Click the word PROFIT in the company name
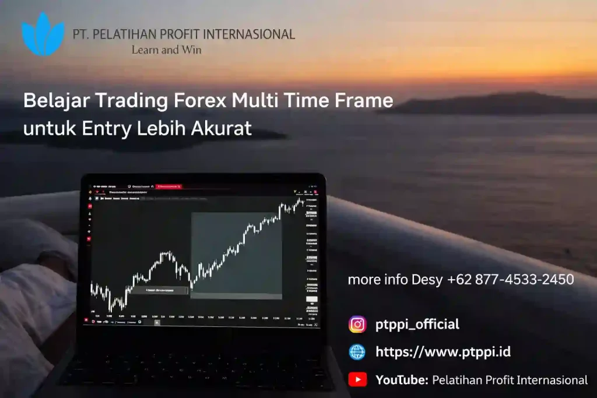[168, 34]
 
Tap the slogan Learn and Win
[166, 50]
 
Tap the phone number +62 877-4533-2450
[511, 280]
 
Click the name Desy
[427, 280]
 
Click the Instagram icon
[357, 324]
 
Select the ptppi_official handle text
[417, 325]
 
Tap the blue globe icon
[357, 352]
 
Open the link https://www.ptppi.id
[443, 352]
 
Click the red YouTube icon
[357, 380]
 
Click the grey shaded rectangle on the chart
[237, 253]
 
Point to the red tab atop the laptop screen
[170, 186]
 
